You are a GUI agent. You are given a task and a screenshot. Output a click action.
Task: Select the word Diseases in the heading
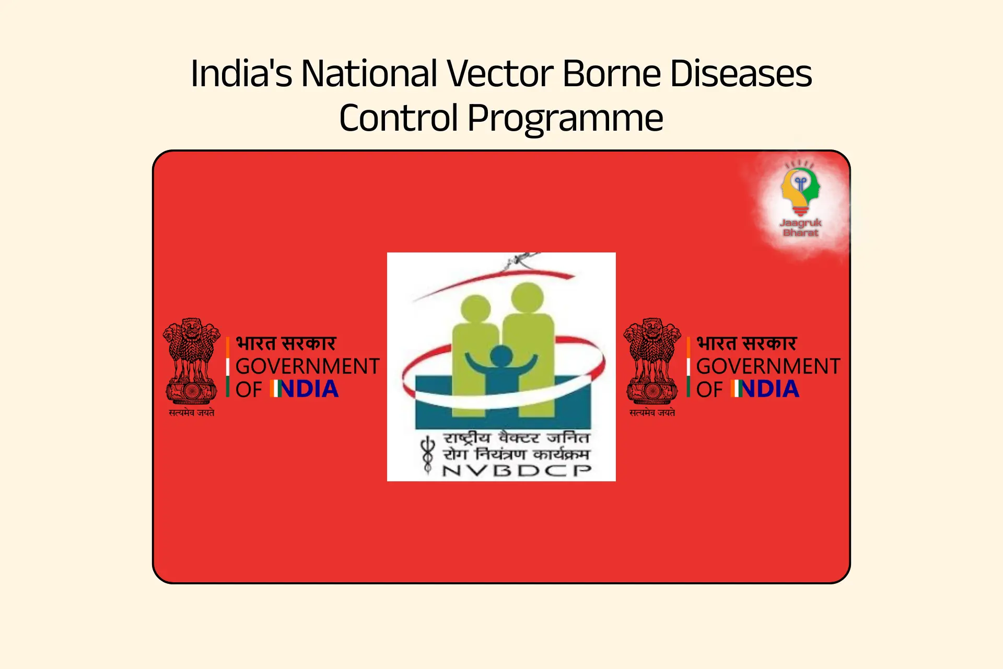pyautogui.click(x=741, y=73)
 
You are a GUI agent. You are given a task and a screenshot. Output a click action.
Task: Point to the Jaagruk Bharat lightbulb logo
pyautogui.click(x=800, y=188)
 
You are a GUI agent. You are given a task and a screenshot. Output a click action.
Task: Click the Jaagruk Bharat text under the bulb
pyautogui.click(x=801, y=228)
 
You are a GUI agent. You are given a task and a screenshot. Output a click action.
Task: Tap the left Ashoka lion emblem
pyautogui.click(x=191, y=361)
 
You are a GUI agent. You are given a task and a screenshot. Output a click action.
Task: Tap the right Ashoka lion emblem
pyautogui.click(x=652, y=361)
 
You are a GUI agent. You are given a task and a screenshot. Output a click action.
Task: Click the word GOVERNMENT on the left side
pyautogui.click(x=308, y=366)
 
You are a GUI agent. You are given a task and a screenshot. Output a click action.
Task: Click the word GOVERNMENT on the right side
pyautogui.click(x=768, y=366)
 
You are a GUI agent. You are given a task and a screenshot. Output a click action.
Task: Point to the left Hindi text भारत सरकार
pyautogui.click(x=286, y=344)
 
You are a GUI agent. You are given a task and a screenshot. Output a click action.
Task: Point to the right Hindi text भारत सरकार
pyautogui.click(x=747, y=344)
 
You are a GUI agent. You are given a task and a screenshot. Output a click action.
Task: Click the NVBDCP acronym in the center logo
pyautogui.click(x=517, y=470)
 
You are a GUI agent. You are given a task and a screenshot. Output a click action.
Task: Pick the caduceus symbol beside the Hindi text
pyautogui.click(x=428, y=455)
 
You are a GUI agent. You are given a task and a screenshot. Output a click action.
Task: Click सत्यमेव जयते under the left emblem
pyautogui.click(x=191, y=412)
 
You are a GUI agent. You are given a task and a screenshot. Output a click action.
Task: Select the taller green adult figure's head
pyautogui.click(x=527, y=297)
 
